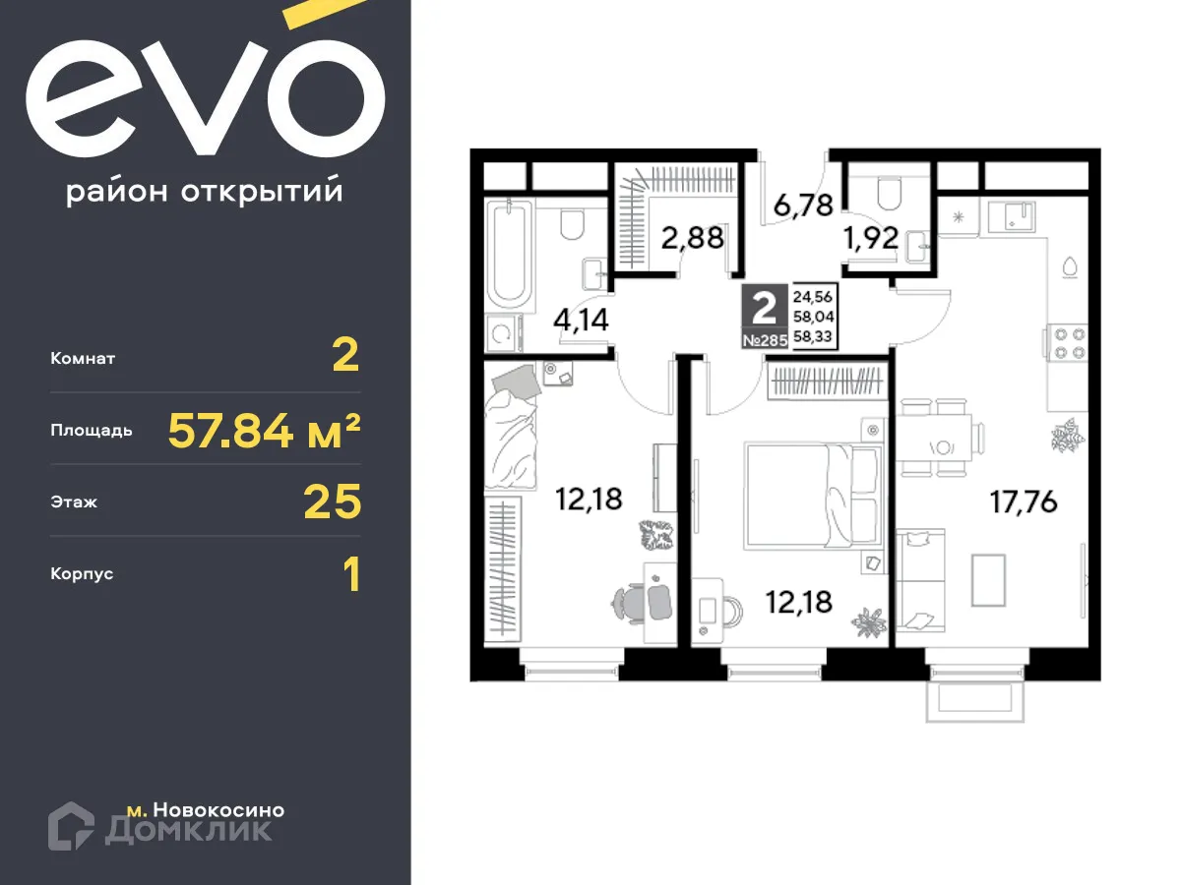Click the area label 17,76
[x=1023, y=502]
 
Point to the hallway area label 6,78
[x=803, y=206]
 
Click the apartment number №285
[x=764, y=341]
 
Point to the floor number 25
[x=333, y=501]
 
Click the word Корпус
[x=82, y=573]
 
